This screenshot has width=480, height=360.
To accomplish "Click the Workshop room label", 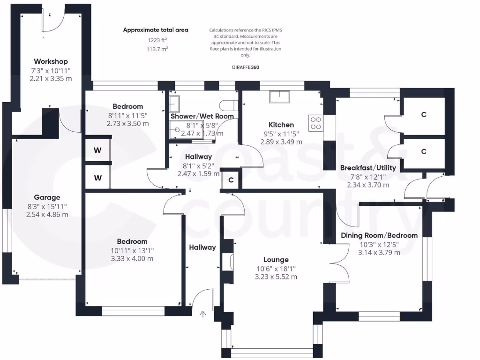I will pos(51,61).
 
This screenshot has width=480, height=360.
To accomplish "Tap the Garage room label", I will pos(47,197).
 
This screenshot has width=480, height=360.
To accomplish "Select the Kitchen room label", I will pos(281,125).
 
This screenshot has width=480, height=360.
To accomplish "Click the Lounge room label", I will pos(276,260).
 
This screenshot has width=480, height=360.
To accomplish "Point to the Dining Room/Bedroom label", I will pos(379,235).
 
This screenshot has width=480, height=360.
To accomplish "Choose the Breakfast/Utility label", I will pos(368,168).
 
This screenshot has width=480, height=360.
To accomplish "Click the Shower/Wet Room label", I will pos(202,116).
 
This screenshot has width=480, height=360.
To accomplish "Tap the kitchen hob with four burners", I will pos(316,122).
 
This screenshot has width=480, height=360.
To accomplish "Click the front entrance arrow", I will pos(203,315).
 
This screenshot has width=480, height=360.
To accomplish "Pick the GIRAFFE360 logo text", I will pos(245,67).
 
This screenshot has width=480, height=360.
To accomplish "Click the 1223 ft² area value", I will pos(156,40).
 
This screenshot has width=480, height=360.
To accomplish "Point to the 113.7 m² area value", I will pos(156,48).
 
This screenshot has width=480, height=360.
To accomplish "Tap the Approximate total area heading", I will pos(156,30).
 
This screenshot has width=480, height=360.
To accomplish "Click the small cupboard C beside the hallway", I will pos(231,180).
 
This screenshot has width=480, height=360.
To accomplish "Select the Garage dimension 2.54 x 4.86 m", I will pos(47,214).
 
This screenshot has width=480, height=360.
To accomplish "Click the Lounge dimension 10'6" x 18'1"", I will pos(276,268).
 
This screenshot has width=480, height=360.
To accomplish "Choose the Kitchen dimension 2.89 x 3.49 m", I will pos(281,142).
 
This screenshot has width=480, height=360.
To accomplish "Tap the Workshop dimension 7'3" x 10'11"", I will pos(51,70).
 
